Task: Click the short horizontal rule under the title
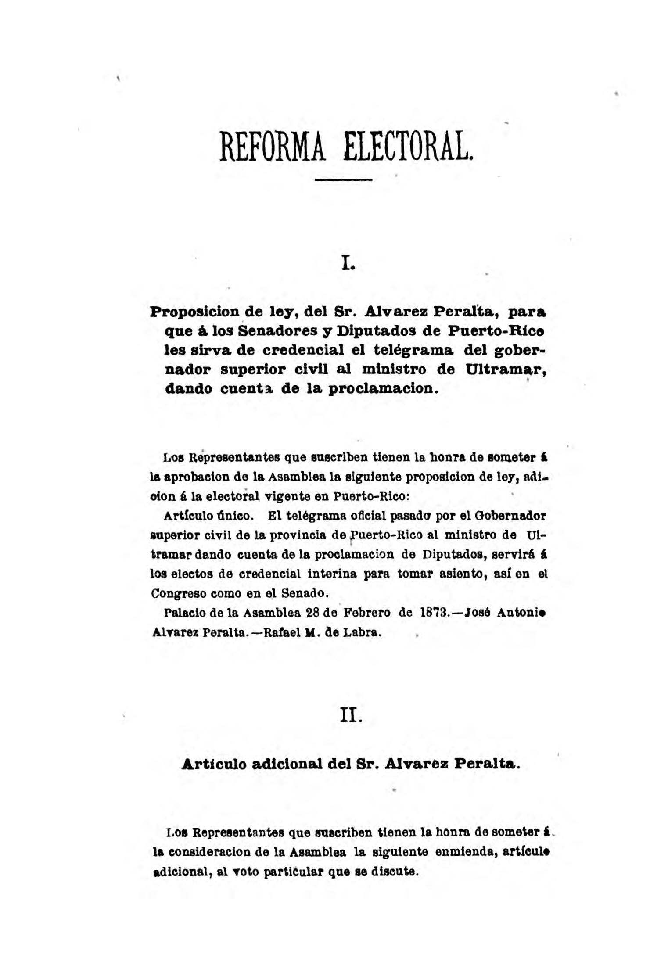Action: (344, 179)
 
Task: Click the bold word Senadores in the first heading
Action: (279, 331)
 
